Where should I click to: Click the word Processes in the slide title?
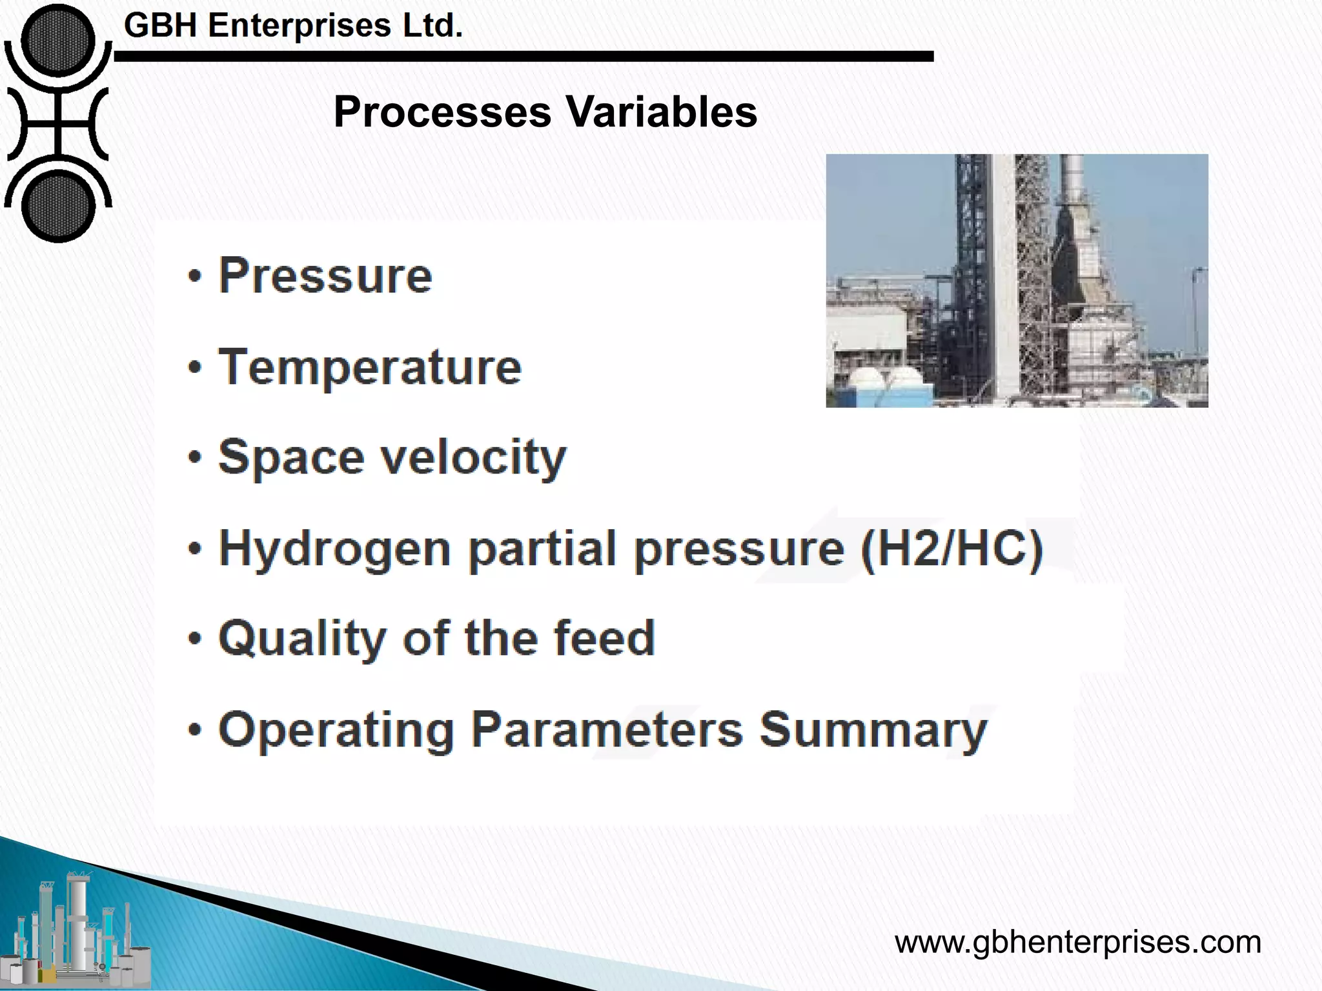tap(442, 112)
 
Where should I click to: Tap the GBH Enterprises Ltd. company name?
tap(293, 26)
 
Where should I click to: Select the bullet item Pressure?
tap(325, 276)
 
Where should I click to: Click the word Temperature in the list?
tap(370, 367)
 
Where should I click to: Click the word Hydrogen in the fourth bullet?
tap(334, 549)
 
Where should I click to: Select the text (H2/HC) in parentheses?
tap(951, 549)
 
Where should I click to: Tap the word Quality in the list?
tap(302, 639)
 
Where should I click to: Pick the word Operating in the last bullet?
tap(336, 730)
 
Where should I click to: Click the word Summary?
tap(873, 730)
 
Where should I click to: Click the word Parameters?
tap(607, 730)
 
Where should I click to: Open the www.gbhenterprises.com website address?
tap(1077, 942)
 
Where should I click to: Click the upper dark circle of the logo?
tap(58, 41)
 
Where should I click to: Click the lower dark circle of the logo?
tap(58, 206)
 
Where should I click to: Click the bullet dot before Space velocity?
tap(194, 458)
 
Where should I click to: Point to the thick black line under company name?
tap(523, 57)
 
